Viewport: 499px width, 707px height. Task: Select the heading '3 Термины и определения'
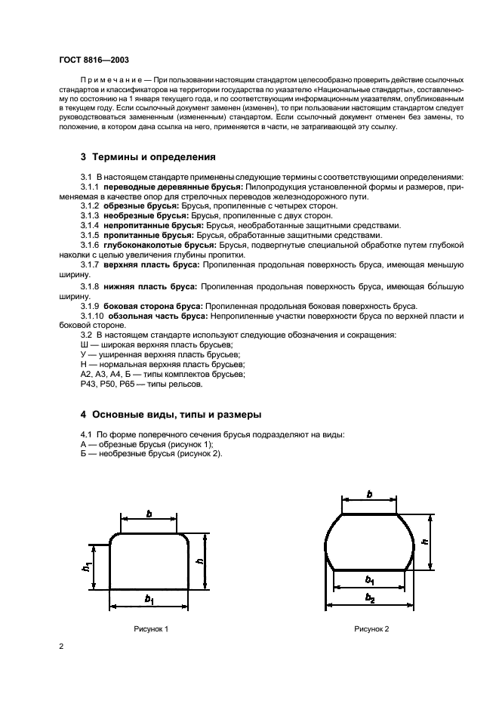tap(148, 158)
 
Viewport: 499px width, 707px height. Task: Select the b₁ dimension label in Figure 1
tap(149, 600)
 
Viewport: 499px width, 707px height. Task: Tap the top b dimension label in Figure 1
tap(149, 514)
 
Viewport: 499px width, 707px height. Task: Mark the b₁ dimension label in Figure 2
tap(369, 580)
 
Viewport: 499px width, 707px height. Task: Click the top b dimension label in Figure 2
tap(369, 494)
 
